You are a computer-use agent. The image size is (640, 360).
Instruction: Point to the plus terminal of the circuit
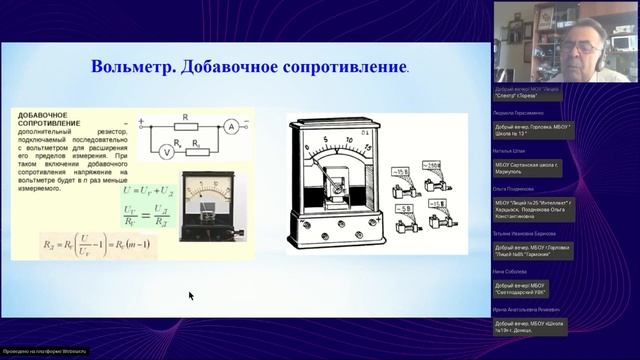(x=142, y=125)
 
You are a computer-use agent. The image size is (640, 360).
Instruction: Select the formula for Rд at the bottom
(x=89, y=244)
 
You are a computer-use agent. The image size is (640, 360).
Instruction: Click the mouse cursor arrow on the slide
(x=190, y=295)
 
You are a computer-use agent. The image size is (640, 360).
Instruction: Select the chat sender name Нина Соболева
(x=511, y=272)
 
